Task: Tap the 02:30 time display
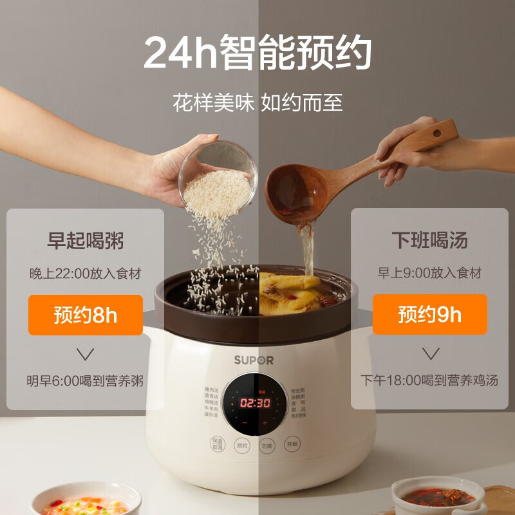tap(255, 403)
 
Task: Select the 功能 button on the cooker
tap(267, 445)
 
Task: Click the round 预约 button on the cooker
tap(241, 445)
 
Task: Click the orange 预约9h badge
tap(429, 315)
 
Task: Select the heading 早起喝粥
tap(85, 241)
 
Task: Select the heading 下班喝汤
tap(429, 241)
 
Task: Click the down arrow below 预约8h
tap(85, 353)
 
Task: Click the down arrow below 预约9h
tap(429, 353)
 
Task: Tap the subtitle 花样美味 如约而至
tap(257, 102)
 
